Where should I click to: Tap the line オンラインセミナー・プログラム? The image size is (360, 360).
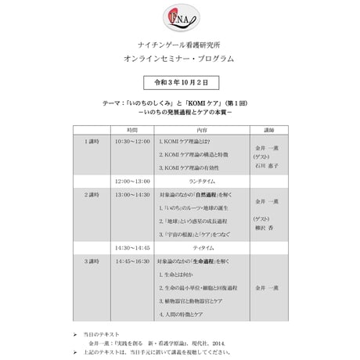pyautogui.click(x=179, y=59)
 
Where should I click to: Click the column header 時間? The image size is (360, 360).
pyautogui.click(x=131, y=129)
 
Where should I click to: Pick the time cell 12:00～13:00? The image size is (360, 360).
pyautogui.click(x=131, y=181)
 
